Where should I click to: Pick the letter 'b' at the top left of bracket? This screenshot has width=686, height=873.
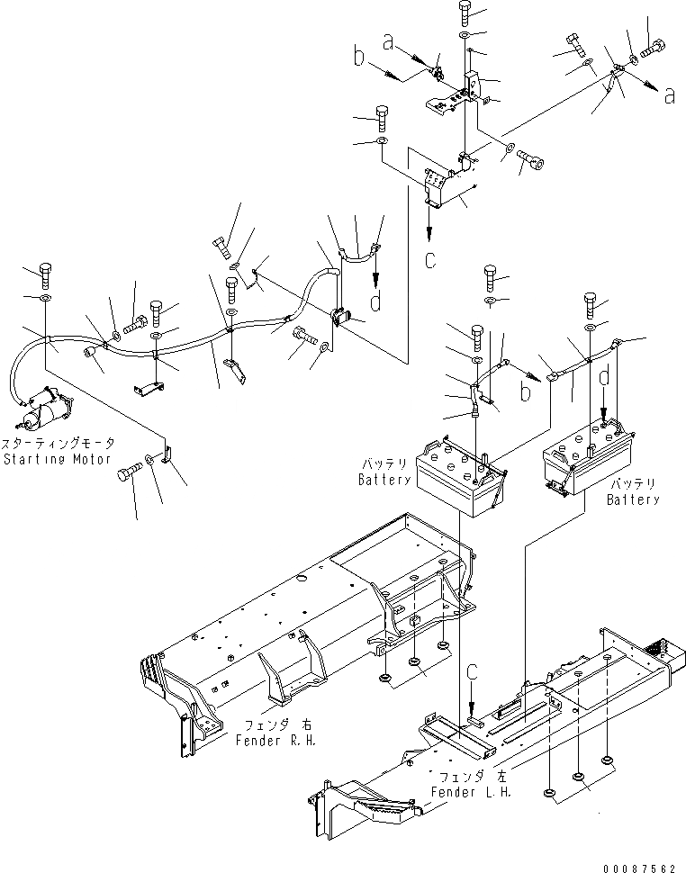[359, 61]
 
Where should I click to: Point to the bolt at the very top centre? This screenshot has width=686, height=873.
[465, 12]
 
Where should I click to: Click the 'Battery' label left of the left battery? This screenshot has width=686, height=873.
[384, 480]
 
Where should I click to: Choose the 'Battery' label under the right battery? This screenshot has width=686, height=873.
[632, 499]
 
